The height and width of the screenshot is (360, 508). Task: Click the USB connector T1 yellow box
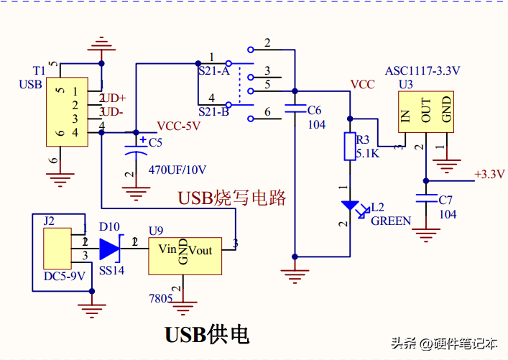pyautogui.click(x=68, y=111)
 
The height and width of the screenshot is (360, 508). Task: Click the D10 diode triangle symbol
pyautogui.click(x=109, y=249)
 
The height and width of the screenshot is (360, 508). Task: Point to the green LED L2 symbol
pyautogui.click(x=350, y=207)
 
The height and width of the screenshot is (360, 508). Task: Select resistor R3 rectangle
pyautogui.click(x=350, y=147)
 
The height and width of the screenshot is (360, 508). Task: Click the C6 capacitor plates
pyautogui.click(x=294, y=110)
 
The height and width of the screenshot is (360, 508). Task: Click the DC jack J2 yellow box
pyautogui.click(x=57, y=249)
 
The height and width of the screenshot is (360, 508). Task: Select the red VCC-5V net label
pyautogui.click(x=179, y=126)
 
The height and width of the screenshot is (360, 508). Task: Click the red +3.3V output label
pyautogui.click(x=489, y=174)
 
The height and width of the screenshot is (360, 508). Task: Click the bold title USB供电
pyautogui.click(x=207, y=335)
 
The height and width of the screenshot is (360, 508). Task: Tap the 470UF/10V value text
pyautogui.click(x=177, y=170)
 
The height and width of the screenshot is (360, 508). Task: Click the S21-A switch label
pyautogui.click(x=214, y=72)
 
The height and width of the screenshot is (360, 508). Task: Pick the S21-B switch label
pyautogui.click(x=214, y=111)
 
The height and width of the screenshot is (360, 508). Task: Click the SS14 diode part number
pyautogui.click(x=111, y=270)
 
